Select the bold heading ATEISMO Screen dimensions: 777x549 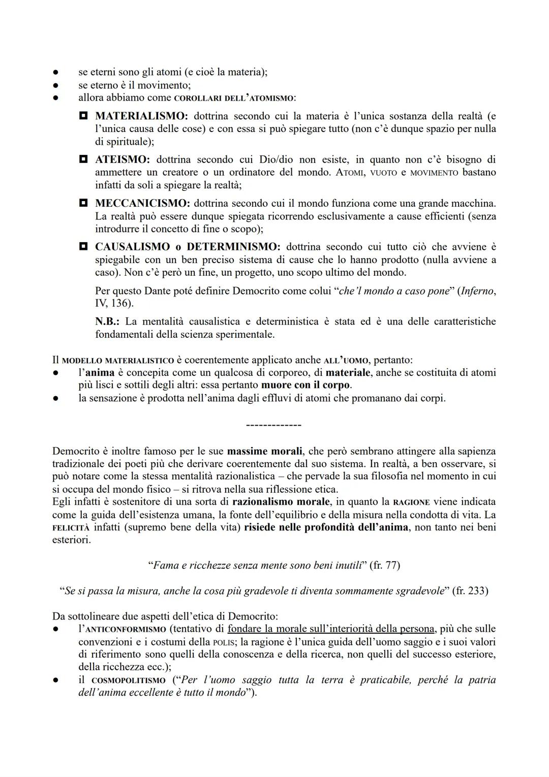122,160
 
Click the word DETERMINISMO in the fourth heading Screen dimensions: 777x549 233,247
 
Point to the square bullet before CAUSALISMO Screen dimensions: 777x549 83,247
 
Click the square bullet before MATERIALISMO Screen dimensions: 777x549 83,116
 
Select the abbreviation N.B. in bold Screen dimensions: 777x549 107,321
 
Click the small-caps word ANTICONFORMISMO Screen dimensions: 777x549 128,629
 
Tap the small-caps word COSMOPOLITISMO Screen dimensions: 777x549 129,680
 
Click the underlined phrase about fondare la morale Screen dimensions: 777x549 331,629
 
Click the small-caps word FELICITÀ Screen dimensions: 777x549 71,528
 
